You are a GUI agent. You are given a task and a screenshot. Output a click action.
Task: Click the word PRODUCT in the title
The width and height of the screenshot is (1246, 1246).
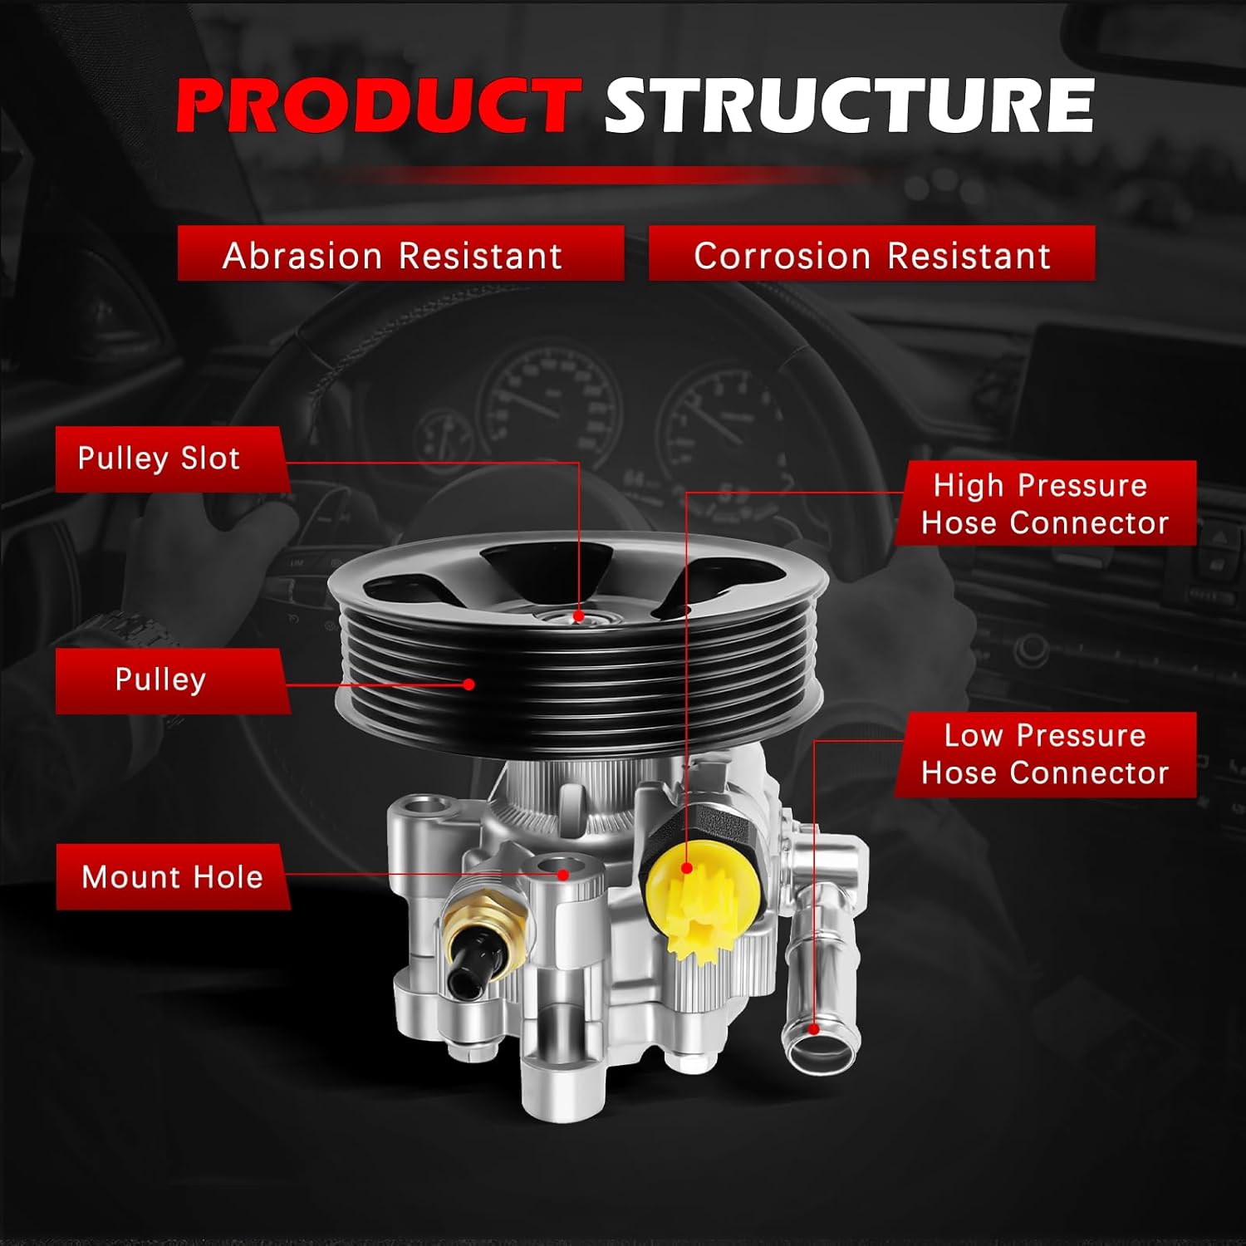[377, 105]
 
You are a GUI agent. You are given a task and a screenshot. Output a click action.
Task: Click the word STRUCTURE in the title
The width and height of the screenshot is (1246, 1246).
[849, 105]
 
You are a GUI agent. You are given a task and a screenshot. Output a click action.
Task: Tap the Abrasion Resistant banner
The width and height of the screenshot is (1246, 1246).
[400, 253]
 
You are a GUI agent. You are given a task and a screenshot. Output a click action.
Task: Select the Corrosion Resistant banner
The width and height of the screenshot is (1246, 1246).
[871, 253]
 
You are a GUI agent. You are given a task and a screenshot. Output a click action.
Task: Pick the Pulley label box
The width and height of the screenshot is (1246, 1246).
[172, 680]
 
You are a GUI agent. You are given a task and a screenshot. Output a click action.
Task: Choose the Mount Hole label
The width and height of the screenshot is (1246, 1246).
[172, 877]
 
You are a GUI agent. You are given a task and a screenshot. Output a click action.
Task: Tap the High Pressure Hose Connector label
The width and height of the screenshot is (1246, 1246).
[1045, 503]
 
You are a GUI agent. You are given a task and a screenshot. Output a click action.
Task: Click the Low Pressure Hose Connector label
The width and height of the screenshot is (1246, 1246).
[1045, 754]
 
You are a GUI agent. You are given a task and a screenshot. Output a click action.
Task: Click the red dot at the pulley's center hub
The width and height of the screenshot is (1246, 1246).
[579, 617]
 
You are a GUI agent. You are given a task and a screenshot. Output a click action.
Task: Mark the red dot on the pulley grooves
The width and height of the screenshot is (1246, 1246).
[469, 684]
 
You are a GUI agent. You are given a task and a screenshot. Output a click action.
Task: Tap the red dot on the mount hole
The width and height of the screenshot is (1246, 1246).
[563, 874]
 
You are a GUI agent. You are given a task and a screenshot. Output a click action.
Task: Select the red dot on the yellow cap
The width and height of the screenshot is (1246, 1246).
[687, 869]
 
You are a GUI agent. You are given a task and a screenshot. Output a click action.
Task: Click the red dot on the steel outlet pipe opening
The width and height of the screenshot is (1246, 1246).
[814, 1029]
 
